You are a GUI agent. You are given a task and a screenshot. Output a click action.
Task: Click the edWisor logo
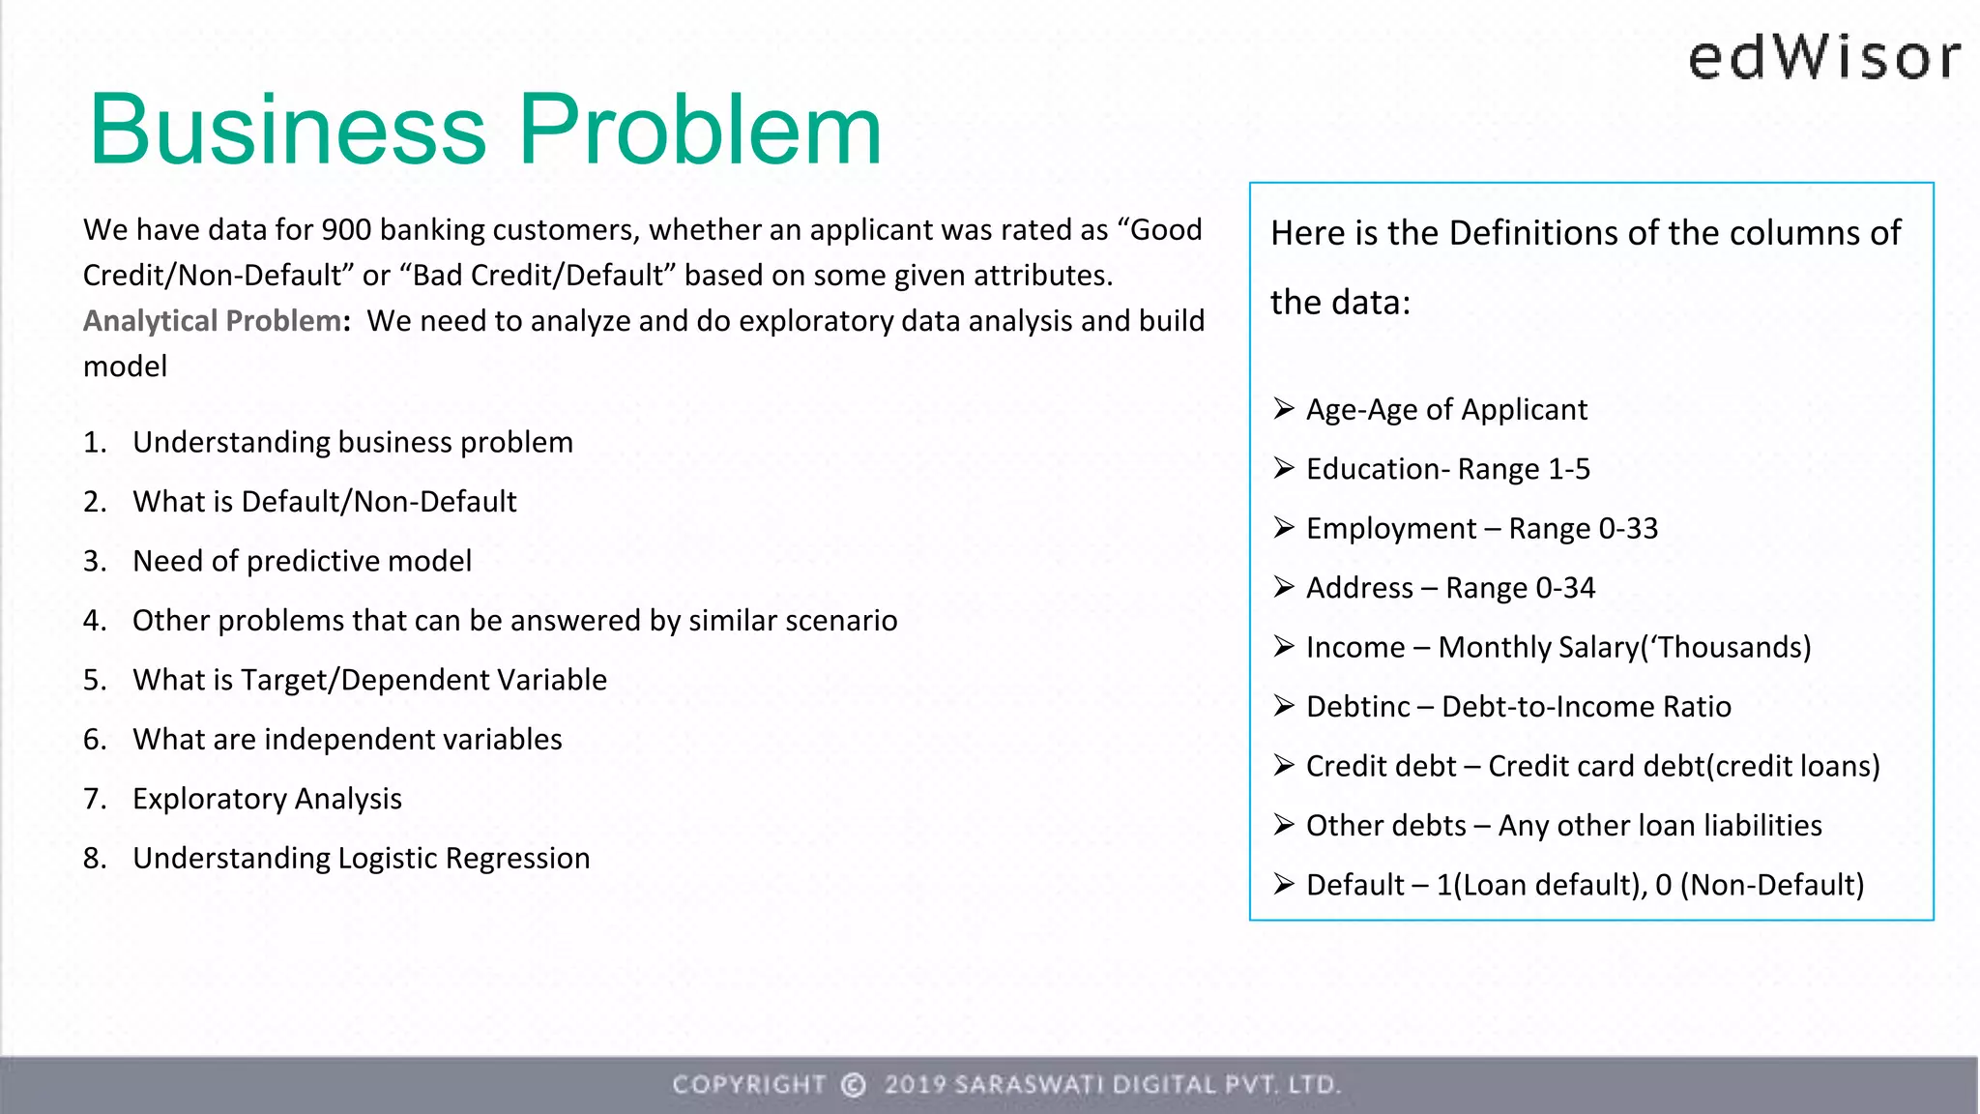click(1824, 58)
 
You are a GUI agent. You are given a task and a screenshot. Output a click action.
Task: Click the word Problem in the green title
click(700, 130)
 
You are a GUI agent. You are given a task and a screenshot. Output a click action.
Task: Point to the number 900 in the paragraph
click(346, 230)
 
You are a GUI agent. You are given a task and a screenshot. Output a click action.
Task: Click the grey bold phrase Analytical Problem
click(212, 321)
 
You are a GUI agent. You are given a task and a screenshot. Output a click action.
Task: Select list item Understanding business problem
click(352, 443)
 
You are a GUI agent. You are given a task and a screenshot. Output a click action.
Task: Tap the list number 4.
click(94, 621)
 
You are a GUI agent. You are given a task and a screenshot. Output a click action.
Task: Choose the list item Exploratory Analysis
click(267, 800)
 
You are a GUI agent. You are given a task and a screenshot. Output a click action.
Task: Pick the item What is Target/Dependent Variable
click(369, 681)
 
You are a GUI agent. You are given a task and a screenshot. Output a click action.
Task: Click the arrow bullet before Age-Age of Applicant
click(1283, 409)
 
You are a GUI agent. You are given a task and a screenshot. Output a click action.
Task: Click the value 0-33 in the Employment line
click(1628, 529)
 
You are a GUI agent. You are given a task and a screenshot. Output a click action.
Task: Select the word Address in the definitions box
click(1359, 588)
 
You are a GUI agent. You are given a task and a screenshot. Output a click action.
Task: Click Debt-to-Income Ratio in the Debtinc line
click(1586, 707)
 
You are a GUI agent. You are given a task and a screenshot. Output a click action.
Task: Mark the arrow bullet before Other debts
click(1283, 825)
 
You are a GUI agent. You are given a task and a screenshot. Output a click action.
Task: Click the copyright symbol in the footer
click(853, 1085)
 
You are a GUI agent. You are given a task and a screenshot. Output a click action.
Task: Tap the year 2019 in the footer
click(915, 1085)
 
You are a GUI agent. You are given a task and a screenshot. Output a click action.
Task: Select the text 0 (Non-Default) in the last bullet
click(1759, 885)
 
